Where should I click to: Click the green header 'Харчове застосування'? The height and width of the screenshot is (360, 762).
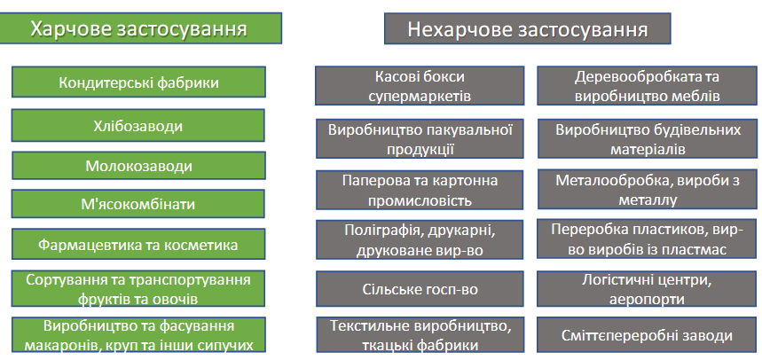pos(140,28)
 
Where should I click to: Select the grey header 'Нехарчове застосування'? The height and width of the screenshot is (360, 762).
pos(527,28)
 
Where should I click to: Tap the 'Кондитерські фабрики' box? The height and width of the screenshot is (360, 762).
pos(138,82)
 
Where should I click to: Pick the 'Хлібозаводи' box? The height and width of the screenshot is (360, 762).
pos(138,125)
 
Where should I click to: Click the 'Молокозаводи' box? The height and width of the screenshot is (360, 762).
pos(138,166)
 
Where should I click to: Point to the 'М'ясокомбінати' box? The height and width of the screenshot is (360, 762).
pos(138,204)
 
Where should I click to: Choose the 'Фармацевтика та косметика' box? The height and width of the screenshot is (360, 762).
pos(138,244)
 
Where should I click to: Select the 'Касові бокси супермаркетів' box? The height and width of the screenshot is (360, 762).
pos(420,85)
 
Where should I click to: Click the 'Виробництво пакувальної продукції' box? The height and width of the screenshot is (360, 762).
pos(420,138)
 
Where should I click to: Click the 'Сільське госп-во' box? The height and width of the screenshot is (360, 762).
pos(420,289)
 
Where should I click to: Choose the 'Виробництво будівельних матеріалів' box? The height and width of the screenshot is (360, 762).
pos(648,138)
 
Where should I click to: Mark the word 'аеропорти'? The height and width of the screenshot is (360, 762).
pos(647,298)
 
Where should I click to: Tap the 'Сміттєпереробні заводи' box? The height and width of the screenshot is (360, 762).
pos(647,335)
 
